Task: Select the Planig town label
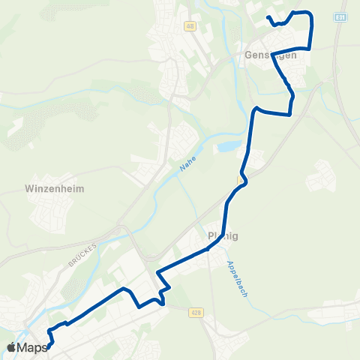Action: (x=222, y=236)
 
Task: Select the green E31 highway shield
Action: (x=340, y=16)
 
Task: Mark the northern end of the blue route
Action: (x=268, y=16)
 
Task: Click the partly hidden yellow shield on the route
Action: (x=240, y=181)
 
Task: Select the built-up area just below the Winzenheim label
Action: (x=52, y=214)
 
